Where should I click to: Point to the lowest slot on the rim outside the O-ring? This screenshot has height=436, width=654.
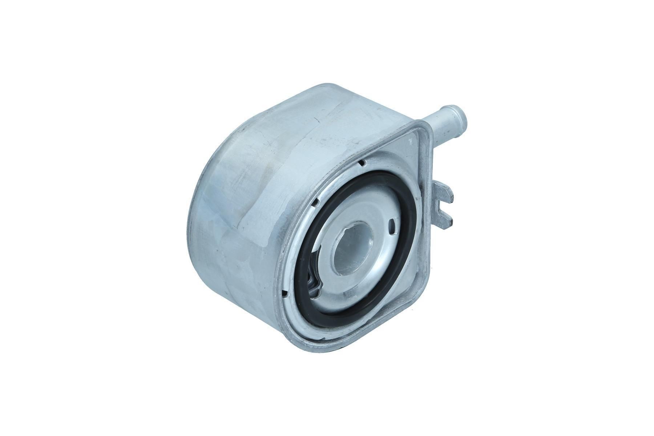coord(285,292)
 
